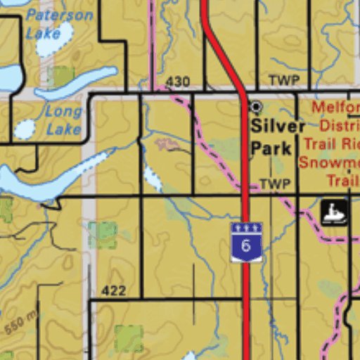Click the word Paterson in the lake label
[x=59, y=15]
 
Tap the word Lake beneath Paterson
[x=43, y=32]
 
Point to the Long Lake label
[x=63, y=120]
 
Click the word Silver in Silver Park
[x=278, y=127]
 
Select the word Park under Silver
[x=271, y=148]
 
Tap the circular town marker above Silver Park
[x=256, y=107]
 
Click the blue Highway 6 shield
[x=246, y=242]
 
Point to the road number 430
[x=178, y=82]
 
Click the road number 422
[x=113, y=290]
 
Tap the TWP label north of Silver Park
[x=283, y=80]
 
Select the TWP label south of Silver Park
[x=275, y=184]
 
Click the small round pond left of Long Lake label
[x=25, y=129]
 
